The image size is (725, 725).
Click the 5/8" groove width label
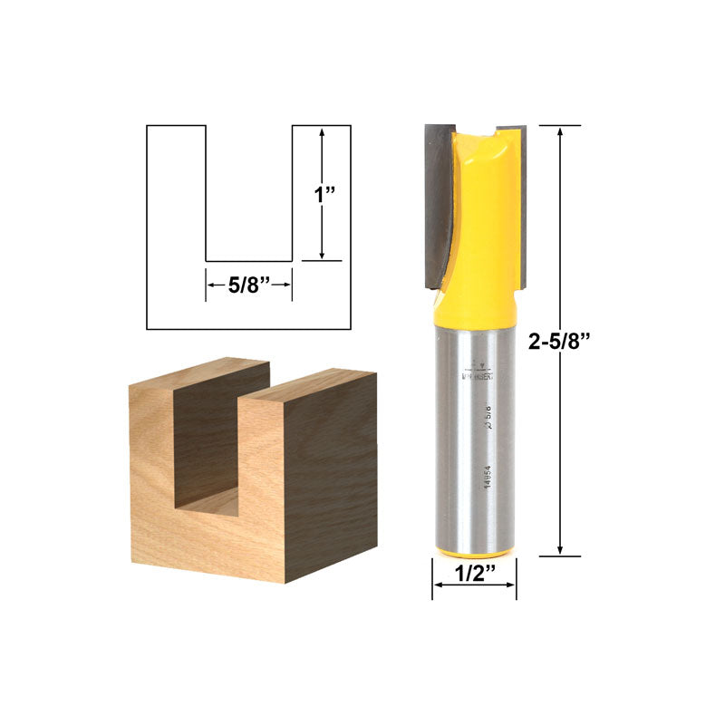tap(248, 285)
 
